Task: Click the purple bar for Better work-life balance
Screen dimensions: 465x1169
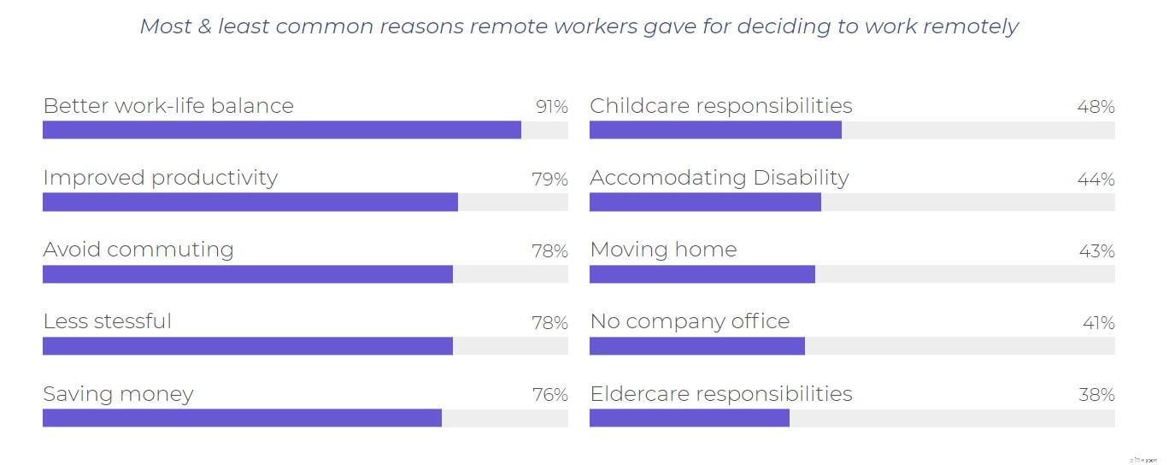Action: point(282,130)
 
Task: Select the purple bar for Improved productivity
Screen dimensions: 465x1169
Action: point(250,202)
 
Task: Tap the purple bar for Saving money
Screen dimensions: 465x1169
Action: point(242,418)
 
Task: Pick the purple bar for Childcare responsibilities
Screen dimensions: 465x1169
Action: point(715,130)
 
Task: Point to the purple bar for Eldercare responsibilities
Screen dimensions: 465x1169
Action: point(690,418)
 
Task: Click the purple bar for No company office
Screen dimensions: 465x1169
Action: point(697,346)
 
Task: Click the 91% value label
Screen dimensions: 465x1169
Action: point(551,107)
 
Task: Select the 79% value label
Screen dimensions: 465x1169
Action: point(549,180)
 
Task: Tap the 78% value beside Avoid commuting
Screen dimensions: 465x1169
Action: point(549,251)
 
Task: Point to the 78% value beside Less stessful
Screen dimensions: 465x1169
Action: point(549,323)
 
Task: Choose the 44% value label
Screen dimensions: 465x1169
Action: point(1096,180)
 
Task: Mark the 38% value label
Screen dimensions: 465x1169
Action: point(1096,395)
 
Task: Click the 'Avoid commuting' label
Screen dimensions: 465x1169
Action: point(138,250)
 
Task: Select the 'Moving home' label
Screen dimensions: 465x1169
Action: point(663,250)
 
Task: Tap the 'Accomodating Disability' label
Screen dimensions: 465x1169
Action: point(720,178)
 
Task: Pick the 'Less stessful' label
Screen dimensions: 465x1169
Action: point(108,321)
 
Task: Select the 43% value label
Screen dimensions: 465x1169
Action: point(1096,251)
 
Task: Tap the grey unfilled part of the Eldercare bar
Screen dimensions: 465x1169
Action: point(952,418)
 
